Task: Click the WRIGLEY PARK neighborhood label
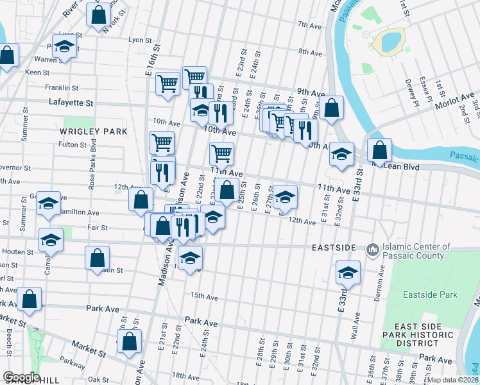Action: pos(94,132)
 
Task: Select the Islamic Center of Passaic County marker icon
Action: pos(372,249)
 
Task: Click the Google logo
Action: pos(21,377)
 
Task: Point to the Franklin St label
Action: pos(61,88)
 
